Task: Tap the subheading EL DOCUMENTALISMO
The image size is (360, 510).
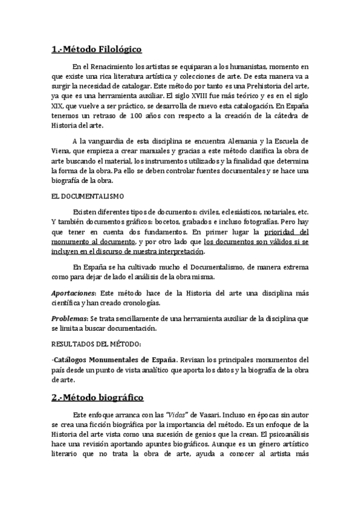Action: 87,197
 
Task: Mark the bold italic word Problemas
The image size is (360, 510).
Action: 67,318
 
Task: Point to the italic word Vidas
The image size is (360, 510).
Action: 183,415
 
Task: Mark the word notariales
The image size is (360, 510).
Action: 276,212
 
